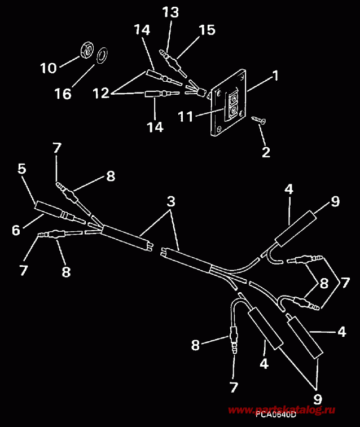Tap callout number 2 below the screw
coord(266,152)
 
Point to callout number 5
coord(22,168)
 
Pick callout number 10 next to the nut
coord(49,68)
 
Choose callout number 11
coord(186,117)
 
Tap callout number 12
coord(101,94)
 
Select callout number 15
coord(207,29)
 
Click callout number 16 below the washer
coord(64,94)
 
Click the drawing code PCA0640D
coord(275,415)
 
